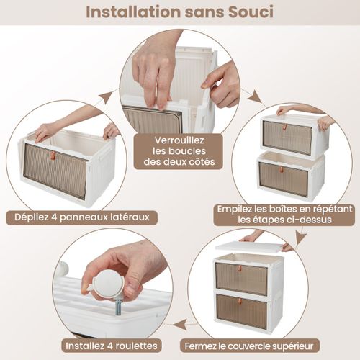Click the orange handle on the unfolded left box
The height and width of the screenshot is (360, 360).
(52, 156)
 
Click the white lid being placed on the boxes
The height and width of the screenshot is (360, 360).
(249, 247)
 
